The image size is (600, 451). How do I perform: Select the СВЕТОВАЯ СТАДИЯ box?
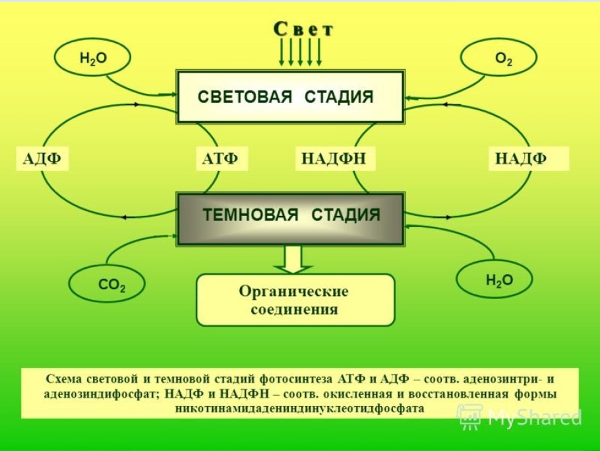pyautogui.click(x=290, y=97)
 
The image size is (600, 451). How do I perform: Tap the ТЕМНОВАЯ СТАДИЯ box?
pyautogui.click(x=290, y=216)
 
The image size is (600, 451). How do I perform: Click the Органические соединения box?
pyautogui.click(x=295, y=300)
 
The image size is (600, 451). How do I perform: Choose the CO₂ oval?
pyautogui.click(x=107, y=285)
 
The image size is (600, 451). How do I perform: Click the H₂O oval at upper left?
pyautogui.click(x=92, y=58)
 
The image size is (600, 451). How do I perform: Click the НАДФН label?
pyautogui.click(x=334, y=159)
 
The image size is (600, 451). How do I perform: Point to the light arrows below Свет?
pyautogui.click(x=300, y=52)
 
